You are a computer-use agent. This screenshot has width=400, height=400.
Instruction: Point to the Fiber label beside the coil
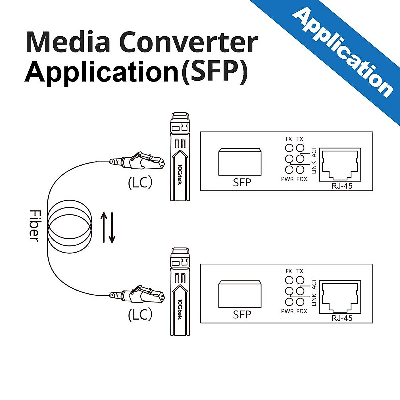click(x=34, y=226)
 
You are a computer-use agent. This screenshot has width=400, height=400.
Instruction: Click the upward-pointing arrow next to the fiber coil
click(x=104, y=227)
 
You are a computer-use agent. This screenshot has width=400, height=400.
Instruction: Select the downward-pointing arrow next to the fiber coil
click(x=112, y=227)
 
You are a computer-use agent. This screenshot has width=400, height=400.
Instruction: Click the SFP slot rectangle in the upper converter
click(x=240, y=162)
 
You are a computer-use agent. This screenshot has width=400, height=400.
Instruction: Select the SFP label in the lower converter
click(x=242, y=314)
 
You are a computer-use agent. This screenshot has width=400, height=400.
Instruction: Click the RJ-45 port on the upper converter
click(x=340, y=165)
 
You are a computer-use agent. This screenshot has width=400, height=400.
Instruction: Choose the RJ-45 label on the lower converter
click(x=342, y=318)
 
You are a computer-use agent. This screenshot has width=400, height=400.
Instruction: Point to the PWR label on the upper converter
click(x=287, y=179)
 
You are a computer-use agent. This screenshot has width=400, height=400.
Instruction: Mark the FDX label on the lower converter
click(x=302, y=311)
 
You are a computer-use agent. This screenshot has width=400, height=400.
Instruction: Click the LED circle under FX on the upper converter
click(x=289, y=148)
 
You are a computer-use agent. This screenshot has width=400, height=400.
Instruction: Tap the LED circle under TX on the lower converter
click(x=300, y=280)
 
